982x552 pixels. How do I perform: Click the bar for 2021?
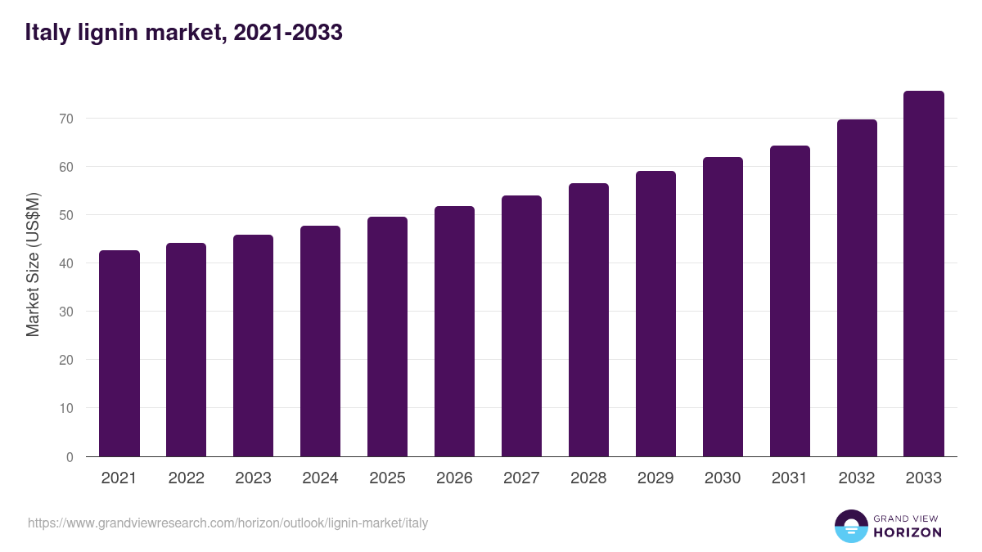point(119,353)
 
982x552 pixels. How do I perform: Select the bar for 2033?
point(924,274)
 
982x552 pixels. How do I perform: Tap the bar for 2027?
point(521,326)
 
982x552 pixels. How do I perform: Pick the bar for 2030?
point(723,307)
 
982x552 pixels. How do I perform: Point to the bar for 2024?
point(320,341)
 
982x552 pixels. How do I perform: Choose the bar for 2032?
point(857,288)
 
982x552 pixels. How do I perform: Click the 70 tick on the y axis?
point(66,119)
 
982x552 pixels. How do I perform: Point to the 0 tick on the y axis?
point(70,457)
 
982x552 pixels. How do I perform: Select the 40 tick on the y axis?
point(66,263)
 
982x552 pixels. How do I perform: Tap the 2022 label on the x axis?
point(187,478)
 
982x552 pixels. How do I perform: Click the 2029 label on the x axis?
point(655,478)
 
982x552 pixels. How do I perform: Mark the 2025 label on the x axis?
point(387,478)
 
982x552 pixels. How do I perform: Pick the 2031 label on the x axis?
point(790,478)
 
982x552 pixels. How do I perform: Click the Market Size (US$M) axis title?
point(33,263)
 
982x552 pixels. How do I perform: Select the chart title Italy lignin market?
point(183,33)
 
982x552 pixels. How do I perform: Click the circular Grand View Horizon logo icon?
point(851,526)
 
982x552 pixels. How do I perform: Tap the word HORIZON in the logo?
point(908,532)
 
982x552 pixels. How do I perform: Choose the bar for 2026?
point(454,331)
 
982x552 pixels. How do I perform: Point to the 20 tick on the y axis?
point(66,360)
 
